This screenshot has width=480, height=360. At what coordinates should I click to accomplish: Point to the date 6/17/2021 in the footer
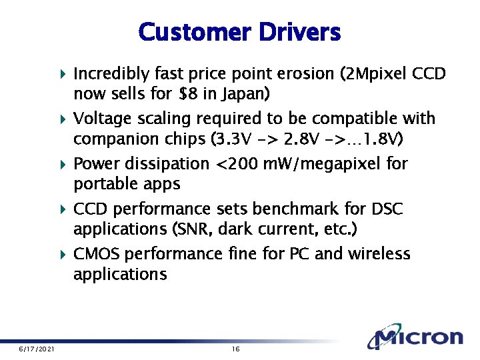click(x=37, y=349)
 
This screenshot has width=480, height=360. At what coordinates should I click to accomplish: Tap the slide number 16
click(x=235, y=349)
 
